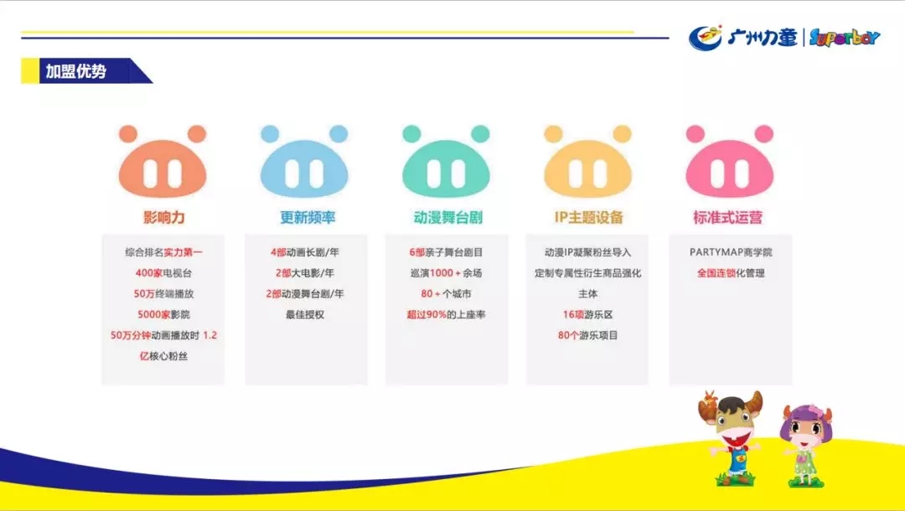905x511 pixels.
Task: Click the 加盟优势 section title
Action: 76,71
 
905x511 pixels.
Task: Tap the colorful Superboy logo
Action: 845,38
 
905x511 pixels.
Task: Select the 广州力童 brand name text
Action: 762,38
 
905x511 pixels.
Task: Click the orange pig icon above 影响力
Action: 163,161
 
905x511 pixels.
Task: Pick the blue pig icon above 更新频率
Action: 304,161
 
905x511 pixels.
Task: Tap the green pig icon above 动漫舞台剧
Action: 446,161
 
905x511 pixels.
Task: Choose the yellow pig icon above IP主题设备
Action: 587,161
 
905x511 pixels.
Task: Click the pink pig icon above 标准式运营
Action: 730,161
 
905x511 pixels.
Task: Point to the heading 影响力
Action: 164,218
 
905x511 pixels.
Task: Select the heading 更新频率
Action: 308,218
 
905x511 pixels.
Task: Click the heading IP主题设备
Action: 589,218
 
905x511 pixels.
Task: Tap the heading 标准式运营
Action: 728,218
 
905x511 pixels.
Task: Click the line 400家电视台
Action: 163,273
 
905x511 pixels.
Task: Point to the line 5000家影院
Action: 163,314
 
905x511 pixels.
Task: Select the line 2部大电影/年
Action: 305,273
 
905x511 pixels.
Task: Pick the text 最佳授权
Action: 305,314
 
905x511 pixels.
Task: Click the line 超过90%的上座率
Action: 446,314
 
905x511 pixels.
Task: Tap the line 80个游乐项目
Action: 587,335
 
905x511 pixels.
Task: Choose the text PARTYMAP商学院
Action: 731,252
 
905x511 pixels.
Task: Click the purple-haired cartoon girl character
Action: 805,444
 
